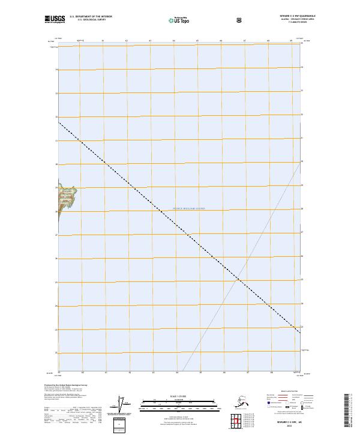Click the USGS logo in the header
click(x=57, y=19)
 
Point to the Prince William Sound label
click(x=189, y=208)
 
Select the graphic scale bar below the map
click(x=179, y=403)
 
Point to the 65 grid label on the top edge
click(x=197, y=41)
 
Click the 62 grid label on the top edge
click(x=127, y=41)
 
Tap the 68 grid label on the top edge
click(x=268, y=41)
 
